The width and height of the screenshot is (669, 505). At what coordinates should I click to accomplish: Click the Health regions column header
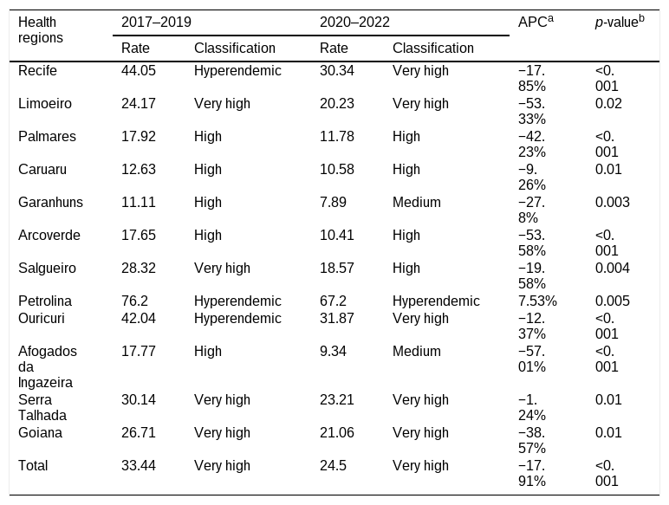[x=41, y=29]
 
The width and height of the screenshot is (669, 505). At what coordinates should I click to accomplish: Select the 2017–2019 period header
[x=156, y=23]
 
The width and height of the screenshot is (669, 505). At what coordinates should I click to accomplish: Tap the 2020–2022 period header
[x=354, y=23]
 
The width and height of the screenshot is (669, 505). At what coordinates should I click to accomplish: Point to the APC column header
[x=536, y=22]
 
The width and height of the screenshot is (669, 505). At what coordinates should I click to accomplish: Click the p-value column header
[x=620, y=22]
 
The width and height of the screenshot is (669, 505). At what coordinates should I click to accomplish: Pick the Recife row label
[x=37, y=70]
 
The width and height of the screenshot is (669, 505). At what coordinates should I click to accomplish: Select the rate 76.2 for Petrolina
[x=134, y=301]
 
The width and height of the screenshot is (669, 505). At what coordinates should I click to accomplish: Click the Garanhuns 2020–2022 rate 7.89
[x=333, y=202]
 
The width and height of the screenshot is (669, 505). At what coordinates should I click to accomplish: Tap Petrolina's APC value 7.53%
[x=537, y=301]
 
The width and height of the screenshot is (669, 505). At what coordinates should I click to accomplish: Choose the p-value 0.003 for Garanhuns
[x=613, y=202]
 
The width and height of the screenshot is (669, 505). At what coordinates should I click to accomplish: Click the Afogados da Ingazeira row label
[x=48, y=366]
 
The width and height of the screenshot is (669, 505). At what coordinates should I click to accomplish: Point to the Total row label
[x=33, y=465]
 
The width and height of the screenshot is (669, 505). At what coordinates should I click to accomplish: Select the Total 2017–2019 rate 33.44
[x=139, y=465]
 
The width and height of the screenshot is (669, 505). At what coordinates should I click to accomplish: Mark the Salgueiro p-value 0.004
[x=613, y=268]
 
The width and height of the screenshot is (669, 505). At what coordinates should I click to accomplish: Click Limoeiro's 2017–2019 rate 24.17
[x=139, y=103]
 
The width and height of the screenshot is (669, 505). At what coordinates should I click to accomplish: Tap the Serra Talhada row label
[x=42, y=407]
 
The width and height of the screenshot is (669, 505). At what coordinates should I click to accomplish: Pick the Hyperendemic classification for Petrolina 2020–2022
[x=436, y=301]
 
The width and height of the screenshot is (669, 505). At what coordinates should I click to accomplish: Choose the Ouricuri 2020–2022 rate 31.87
[x=336, y=318]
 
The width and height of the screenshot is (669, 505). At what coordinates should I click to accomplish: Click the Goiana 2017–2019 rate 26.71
[x=139, y=432]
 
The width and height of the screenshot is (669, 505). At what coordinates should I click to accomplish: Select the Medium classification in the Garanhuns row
[x=417, y=202]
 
